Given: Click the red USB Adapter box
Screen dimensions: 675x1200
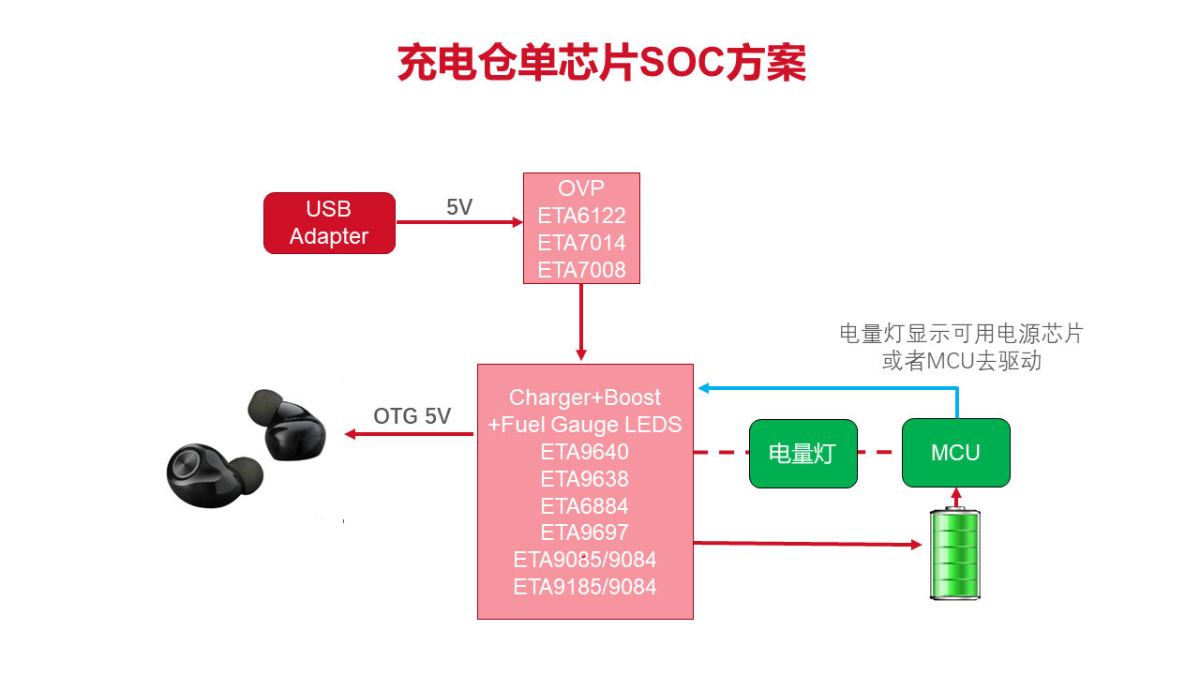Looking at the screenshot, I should click(x=329, y=223).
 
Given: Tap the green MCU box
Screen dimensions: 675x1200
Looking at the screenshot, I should click(x=955, y=453).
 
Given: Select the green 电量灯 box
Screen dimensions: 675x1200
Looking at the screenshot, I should click(x=802, y=454).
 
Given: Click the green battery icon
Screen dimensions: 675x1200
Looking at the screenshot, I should click(x=955, y=554).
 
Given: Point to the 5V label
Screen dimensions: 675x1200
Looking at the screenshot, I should click(x=459, y=207).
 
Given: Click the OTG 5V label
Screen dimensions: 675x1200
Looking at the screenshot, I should click(x=412, y=416).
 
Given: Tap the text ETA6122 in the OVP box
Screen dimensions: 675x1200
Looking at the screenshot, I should click(x=581, y=216).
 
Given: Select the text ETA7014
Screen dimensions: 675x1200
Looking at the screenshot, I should click(x=581, y=243).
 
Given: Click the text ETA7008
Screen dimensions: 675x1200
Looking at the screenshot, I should click(x=581, y=270).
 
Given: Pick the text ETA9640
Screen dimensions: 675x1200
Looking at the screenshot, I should click(x=585, y=452).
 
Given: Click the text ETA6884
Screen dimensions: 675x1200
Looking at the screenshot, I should click(x=585, y=506).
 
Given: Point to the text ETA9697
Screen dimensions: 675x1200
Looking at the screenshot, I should click(x=585, y=532).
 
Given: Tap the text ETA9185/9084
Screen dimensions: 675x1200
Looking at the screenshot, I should click(x=585, y=587).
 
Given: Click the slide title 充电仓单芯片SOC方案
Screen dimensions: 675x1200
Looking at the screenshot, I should click(x=601, y=64).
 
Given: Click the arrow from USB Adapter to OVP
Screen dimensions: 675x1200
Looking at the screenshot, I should click(x=459, y=222).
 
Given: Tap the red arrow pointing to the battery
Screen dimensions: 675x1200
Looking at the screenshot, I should click(x=806, y=543).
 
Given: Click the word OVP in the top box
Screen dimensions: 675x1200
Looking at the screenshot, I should click(x=581, y=188).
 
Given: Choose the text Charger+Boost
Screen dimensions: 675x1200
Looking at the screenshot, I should click(x=585, y=397).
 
